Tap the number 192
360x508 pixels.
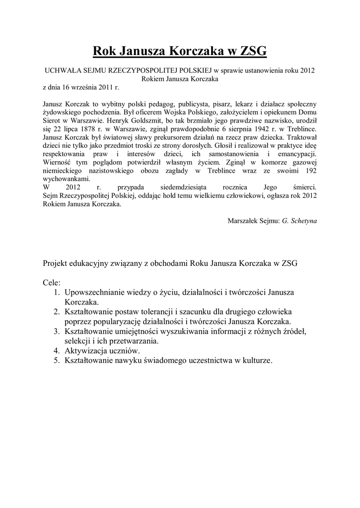pos(310,170)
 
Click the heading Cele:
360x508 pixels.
pos(52,282)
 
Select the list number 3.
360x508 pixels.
pos(56,331)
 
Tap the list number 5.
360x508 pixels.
pos(56,361)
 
